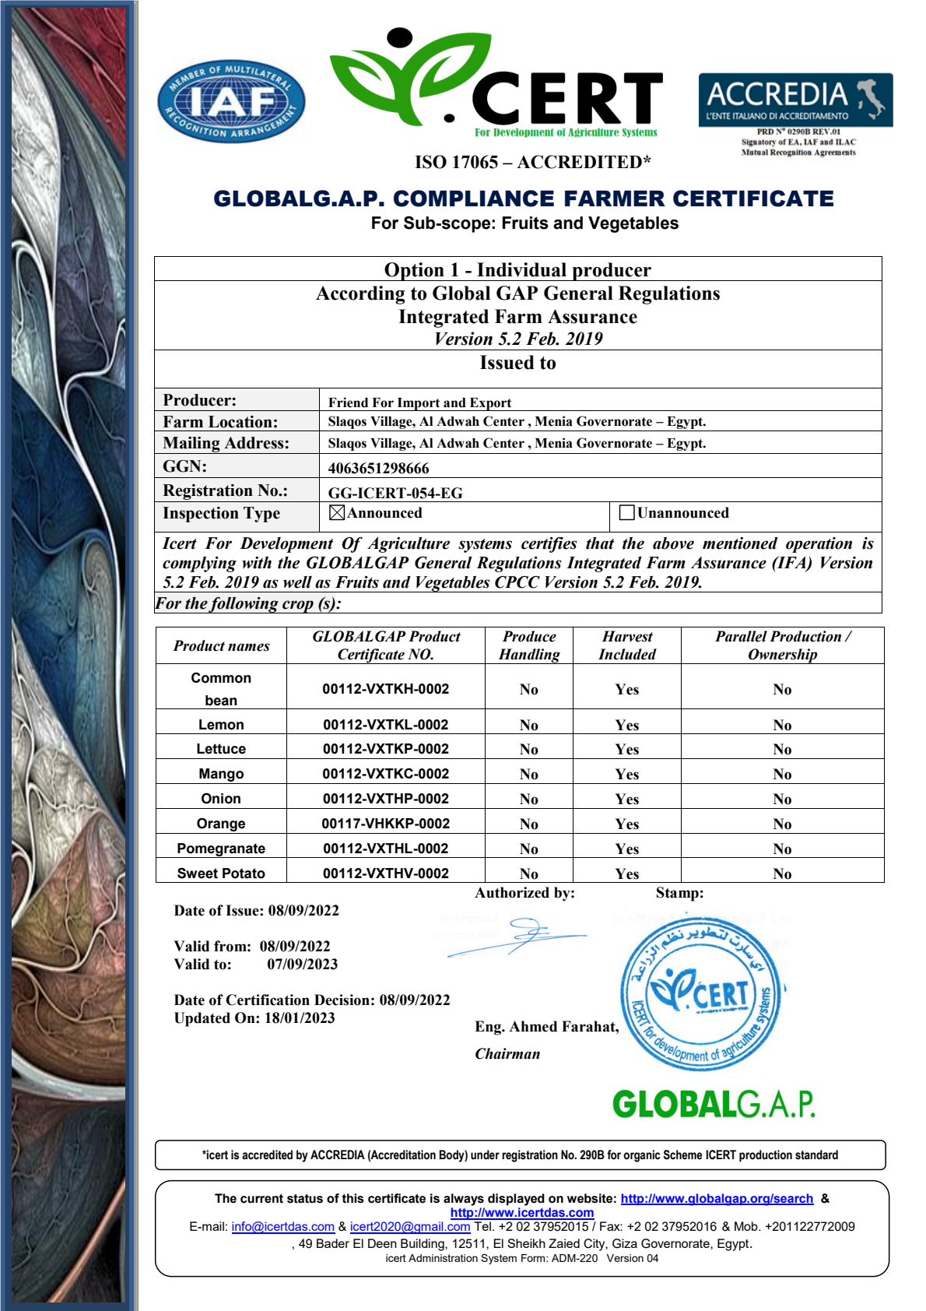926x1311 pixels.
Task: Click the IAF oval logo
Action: (x=231, y=101)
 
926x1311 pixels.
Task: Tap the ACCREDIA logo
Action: (x=795, y=100)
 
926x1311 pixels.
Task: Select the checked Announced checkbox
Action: (x=337, y=513)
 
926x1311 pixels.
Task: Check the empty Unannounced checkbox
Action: (x=626, y=513)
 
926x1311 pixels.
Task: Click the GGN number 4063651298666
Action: (x=378, y=469)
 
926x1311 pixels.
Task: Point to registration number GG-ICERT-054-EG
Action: (x=395, y=494)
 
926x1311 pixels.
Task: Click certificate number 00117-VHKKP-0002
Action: (x=385, y=824)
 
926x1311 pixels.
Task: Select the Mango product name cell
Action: (x=221, y=774)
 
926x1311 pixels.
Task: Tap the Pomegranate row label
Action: (x=221, y=849)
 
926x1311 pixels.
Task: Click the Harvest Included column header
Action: (x=626, y=645)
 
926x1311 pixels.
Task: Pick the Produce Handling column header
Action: (x=529, y=645)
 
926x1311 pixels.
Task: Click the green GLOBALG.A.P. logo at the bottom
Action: (x=713, y=1105)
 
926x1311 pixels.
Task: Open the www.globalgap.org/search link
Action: (x=717, y=1199)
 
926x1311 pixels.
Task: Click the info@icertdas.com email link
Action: (x=282, y=1227)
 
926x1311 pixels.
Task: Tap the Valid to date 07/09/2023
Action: (x=302, y=965)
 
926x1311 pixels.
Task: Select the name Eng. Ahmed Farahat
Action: (x=546, y=1027)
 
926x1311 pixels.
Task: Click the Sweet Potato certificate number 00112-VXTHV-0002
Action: (x=385, y=873)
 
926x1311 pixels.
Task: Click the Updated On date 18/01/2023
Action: (x=300, y=1018)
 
